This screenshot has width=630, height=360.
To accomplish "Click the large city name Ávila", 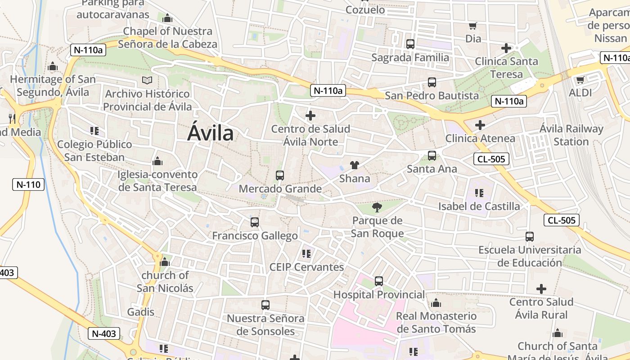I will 211,133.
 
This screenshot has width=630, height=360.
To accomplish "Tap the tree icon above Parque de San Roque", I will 377,207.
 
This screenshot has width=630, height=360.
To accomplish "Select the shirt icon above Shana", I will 355,165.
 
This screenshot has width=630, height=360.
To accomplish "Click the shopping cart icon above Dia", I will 472,26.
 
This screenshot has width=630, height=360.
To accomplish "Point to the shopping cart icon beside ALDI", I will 580,80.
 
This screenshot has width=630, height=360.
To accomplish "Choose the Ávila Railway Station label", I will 571,135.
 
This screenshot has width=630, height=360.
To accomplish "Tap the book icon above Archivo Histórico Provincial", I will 147,81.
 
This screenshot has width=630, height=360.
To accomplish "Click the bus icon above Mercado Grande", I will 280,175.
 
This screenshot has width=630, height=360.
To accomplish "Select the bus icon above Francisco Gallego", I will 255,222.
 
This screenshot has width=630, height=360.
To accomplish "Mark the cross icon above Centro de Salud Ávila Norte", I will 310,116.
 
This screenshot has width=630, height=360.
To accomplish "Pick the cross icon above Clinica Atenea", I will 480,125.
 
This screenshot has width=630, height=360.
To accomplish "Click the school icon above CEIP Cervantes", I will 306,254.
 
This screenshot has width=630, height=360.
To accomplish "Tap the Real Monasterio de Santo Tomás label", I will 436,323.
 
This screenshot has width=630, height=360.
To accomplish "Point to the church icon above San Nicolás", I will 165,262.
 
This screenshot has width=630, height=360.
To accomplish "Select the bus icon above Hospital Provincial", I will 379,281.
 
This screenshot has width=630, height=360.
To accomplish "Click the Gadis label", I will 140,312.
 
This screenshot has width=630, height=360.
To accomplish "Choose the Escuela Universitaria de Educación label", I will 530,256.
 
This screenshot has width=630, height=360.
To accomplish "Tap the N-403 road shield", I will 104,333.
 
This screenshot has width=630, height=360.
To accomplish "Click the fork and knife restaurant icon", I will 12,119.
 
